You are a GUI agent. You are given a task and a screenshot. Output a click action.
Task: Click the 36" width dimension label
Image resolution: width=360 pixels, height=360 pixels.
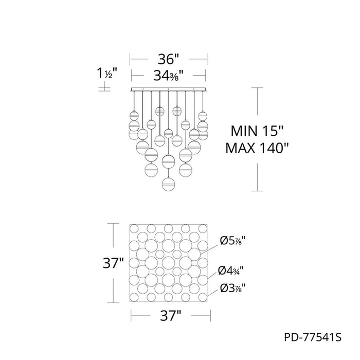click(168, 59)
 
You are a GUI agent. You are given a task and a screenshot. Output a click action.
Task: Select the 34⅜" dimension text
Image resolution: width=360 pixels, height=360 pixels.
click(168, 75)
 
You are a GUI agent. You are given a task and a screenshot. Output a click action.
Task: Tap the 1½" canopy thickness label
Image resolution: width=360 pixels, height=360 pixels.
click(107, 73)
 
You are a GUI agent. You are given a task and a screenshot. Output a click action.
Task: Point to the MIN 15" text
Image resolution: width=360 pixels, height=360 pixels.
click(257, 131)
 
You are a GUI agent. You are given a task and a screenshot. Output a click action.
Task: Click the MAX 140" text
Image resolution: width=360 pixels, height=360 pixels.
click(257, 148)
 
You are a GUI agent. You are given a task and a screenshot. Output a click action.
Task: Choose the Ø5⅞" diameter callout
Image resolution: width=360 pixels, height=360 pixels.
click(233, 241)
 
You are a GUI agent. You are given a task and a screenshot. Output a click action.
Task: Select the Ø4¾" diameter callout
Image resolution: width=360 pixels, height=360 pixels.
click(231, 271)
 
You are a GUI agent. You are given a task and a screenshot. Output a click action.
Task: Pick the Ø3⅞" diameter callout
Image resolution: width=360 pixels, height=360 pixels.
click(233, 288)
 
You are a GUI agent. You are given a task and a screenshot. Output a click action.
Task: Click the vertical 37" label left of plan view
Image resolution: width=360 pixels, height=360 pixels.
click(113, 263)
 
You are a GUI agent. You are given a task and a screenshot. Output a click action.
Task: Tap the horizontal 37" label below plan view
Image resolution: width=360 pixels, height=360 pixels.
click(171, 316)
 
